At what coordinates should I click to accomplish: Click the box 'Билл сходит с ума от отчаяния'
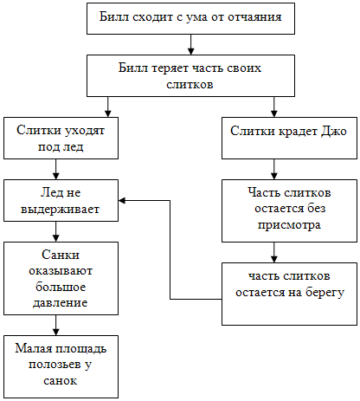[190, 18]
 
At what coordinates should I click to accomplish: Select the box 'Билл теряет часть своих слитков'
[190, 75]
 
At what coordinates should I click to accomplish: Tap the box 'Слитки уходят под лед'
[61, 138]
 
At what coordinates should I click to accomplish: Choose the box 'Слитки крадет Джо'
[289, 138]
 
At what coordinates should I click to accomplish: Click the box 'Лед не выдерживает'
[61, 201]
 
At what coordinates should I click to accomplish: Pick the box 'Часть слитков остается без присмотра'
[289, 210]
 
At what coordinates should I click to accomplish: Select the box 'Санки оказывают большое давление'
[61, 278]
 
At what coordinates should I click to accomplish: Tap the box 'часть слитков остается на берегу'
[289, 294]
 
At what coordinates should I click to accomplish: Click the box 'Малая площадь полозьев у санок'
[61, 366]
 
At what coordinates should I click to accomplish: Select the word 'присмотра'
[289, 225]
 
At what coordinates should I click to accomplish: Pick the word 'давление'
[61, 303]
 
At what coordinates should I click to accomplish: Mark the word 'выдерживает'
[60, 210]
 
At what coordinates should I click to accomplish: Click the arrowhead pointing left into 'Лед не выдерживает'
[122, 201]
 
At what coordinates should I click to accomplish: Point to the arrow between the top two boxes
[190, 45]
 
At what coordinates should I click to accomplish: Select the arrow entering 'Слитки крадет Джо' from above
[274, 107]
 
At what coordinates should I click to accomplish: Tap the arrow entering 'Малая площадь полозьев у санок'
[56, 325]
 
